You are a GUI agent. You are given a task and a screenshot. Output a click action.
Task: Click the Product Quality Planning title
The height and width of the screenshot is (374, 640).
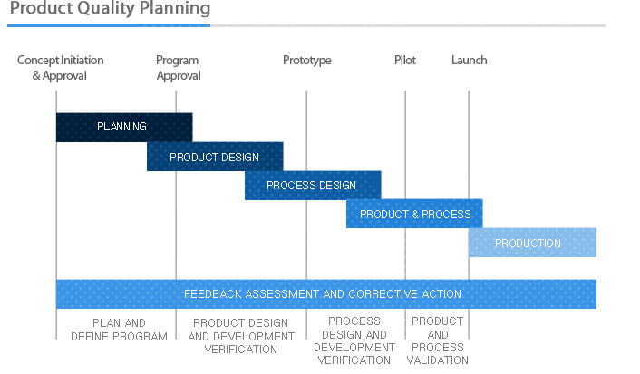tap(111, 8)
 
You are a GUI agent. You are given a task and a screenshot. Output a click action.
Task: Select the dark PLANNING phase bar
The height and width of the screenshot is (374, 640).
tap(124, 128)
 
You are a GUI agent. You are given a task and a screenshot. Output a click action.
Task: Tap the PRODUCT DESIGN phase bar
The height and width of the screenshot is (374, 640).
tap(215, 156)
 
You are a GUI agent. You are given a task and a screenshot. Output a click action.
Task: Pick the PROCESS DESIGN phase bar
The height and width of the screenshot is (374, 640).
tap(313, 185)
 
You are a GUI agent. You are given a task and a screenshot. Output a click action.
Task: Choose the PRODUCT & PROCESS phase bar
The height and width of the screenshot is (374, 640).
tap(414, 214)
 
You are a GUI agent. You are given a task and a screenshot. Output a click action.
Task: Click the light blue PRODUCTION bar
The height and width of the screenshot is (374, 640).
tap(533, 243)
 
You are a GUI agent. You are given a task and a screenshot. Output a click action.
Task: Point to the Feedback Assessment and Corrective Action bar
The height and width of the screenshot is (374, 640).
tap(326, 294)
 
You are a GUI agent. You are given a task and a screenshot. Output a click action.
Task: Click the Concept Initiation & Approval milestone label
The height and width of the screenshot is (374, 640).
tap(60, 68)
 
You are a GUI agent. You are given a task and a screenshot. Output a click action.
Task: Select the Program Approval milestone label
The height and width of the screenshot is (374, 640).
tap(179, 68)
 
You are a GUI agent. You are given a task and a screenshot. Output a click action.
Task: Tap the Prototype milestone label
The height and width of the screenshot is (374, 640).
tap(307, 61)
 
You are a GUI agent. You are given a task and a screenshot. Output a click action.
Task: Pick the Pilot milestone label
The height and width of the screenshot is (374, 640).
tap(405, 61)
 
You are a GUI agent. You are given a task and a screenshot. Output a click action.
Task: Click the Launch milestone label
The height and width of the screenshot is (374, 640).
tap(469, 61)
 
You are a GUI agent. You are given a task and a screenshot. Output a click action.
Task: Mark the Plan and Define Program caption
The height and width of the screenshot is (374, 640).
tap(119, 330)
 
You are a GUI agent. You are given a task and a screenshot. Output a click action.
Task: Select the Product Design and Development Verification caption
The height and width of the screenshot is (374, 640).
tap(241, 336)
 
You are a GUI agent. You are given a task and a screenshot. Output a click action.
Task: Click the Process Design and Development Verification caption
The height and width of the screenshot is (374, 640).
tap(354, 340)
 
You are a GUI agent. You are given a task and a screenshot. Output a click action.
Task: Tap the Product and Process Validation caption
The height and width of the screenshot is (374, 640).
tap(438, 340)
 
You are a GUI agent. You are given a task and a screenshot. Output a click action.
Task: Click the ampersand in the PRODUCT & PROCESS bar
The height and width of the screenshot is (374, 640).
tap(415, 214)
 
